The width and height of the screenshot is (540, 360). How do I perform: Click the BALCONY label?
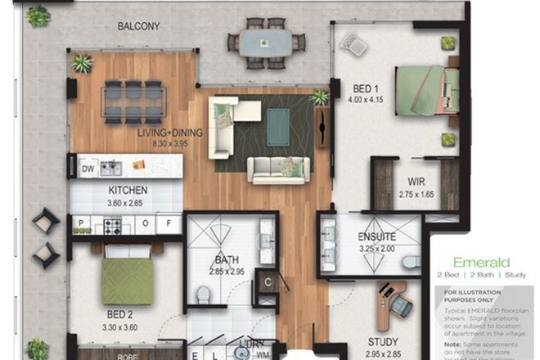tap(138, 26)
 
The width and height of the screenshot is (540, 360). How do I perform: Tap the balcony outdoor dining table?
tap(266, 43)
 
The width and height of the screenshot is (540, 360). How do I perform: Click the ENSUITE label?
tap(376, 237)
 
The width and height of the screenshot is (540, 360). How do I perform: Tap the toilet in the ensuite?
tap(412, 262)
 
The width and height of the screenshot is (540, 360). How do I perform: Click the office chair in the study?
tap(401, 304)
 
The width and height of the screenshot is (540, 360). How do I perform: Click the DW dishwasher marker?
tap(88, 169)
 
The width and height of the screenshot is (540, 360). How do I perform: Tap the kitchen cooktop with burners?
tap(111, 224)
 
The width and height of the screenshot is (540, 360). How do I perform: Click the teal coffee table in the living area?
tap(277, 127)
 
